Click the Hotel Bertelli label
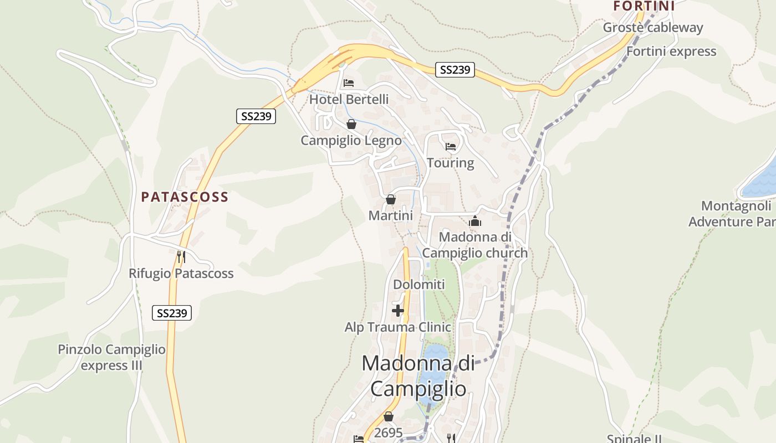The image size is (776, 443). coord(349,100)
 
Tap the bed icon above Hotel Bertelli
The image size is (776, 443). coord(349,83)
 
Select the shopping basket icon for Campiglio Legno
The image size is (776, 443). coord(351,124)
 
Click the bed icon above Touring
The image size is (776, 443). coord(451,147)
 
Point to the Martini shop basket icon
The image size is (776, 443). coord(391,199)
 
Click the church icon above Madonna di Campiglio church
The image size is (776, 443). coord(475,221)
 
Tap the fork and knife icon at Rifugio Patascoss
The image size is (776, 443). coord(181,257)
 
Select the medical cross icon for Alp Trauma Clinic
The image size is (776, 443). coord(398,311)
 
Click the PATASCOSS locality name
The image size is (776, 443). coord(185,197)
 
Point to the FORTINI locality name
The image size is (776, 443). coord(644,6)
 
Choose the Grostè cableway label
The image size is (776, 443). coord(652,28)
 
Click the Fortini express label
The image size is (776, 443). coord(671,51)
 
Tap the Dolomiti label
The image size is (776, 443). coord(419,285)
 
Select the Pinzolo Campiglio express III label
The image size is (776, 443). coord(111,357)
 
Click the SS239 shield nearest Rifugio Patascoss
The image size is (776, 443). coord(172,313)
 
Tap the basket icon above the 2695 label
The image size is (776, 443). coord(389,416)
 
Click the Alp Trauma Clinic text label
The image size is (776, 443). coord(398,327)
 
